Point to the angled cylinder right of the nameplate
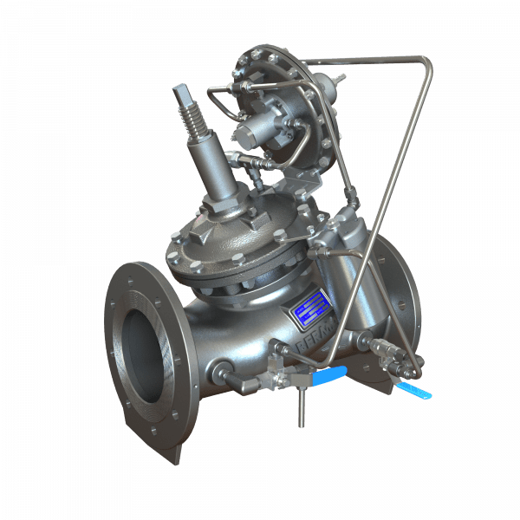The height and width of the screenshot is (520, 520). [x=351, y=277]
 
